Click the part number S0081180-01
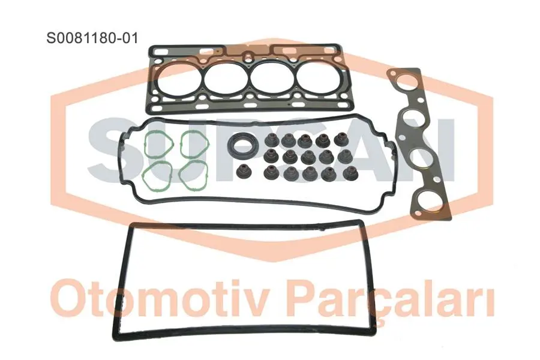pyautogui.click(x=92, y=38)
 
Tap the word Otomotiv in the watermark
pyautogui.click(x=161, y=298)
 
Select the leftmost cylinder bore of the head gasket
pyautogui.click(x=177, y=80)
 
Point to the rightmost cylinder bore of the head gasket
pyautogui.click(x=316, y=80)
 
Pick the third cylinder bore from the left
pyautogui.click(x=269, y=80)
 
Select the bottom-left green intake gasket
pyautogui.click(x=158, y=175)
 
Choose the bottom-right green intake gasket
pyautogui.click(x=193, y=175)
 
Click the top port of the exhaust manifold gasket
pyautogui.click(x=406, y=84)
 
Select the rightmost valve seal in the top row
pyautogui.click(x=341, y=139)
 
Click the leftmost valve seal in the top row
pyautogui.click(x=271, y=140)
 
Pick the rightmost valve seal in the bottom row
pyautogui.click(x=350, y=172)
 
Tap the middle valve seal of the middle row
pyautogui.click(x=307, y=157)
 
